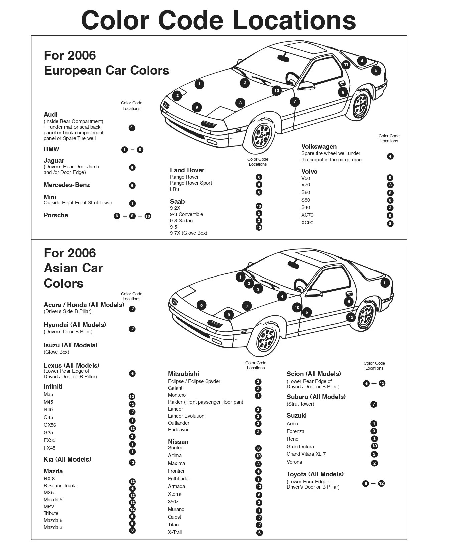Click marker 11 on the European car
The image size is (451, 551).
click(346, 64)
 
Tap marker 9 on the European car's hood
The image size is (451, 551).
click(197, 107)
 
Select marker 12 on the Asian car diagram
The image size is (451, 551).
click(351, 317)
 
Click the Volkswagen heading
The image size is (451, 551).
click(319, 146)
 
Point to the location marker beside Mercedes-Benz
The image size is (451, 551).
click(132, 185)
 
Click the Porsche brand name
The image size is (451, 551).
click(56, 215)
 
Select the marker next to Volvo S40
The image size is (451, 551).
click(390, 208)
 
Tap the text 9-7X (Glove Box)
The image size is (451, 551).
click(188, 233)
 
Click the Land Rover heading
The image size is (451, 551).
click(187, 170)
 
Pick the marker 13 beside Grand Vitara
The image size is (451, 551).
click(374, 446)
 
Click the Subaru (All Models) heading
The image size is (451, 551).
click(316, 397)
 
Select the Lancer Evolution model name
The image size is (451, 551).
click(186, 416)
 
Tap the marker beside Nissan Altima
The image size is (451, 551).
click(258, 456)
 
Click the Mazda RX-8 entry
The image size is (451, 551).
click(49, 479)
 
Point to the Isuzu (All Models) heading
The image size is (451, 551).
click(70, 345)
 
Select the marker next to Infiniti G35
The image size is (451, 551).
click(132, 436)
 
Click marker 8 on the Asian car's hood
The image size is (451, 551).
click(229, 315)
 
